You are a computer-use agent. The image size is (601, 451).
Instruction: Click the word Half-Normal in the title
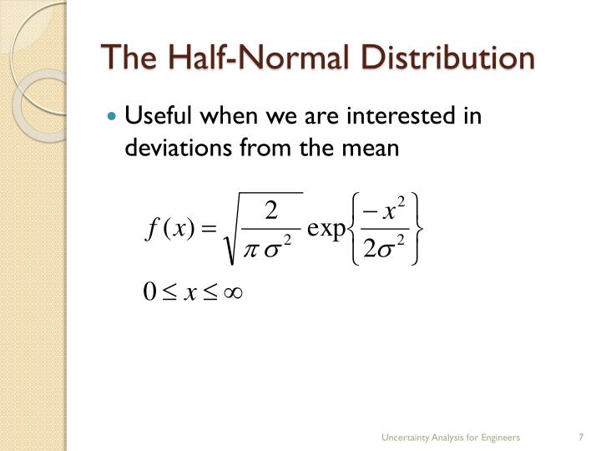tap(241, 58)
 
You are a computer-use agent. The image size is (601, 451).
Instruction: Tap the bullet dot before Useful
tap(114, 116)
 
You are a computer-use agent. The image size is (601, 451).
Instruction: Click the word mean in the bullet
tap(374, 148)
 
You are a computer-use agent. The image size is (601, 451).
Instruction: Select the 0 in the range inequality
tap(150, 293)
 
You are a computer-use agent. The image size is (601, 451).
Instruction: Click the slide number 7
tap(579, 438)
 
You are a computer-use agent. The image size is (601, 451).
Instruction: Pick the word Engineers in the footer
tap(500, 438)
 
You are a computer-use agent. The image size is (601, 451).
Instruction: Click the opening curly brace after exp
tap(354, 230)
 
